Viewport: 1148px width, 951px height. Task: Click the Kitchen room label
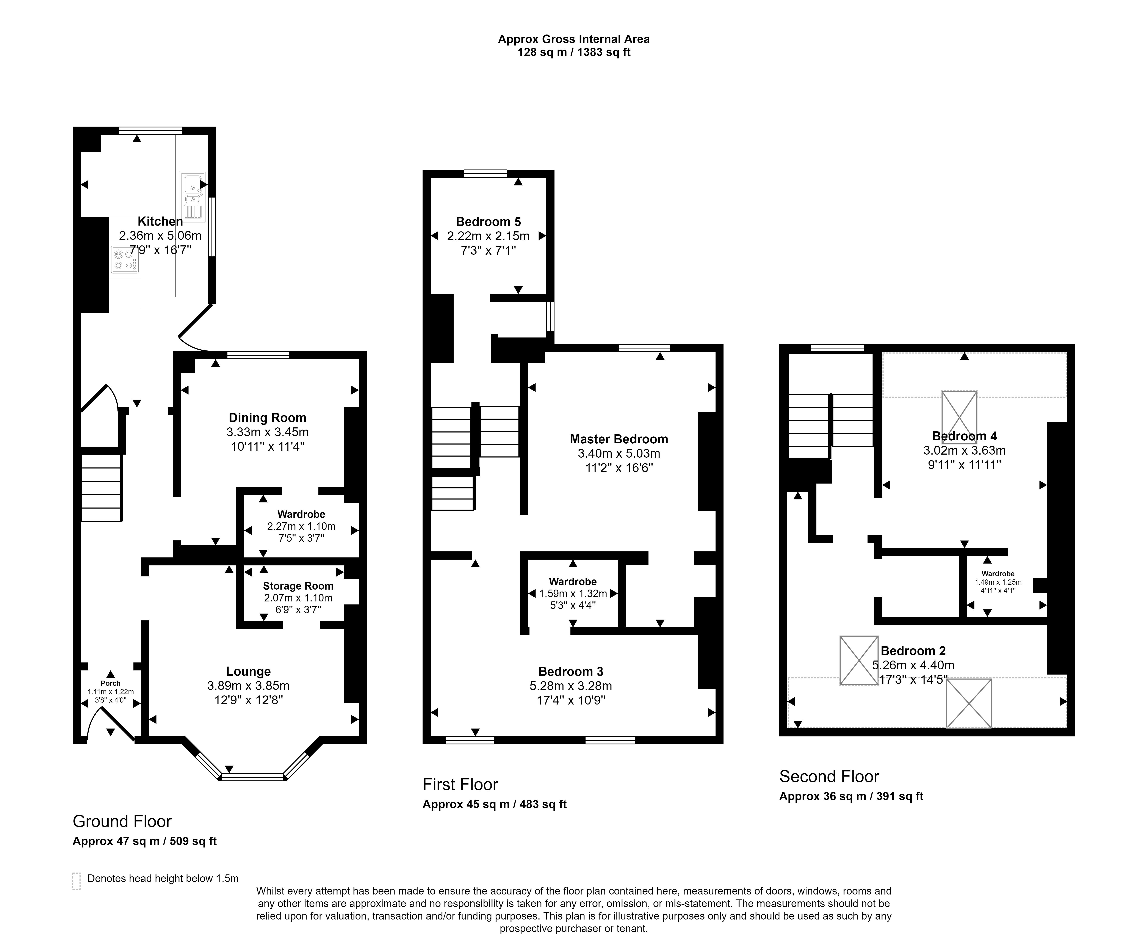(160, 221)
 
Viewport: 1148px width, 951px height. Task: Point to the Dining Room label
(267, 418)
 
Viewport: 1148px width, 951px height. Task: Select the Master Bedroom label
(619, 439)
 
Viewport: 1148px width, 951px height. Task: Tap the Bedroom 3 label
(571, 672)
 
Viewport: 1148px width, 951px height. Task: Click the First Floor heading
(460, 785)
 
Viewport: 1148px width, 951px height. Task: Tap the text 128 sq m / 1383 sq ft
(574, 52)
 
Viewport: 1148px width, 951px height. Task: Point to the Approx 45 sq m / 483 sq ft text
(495, 804)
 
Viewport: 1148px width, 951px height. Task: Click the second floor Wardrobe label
(998, 574)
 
